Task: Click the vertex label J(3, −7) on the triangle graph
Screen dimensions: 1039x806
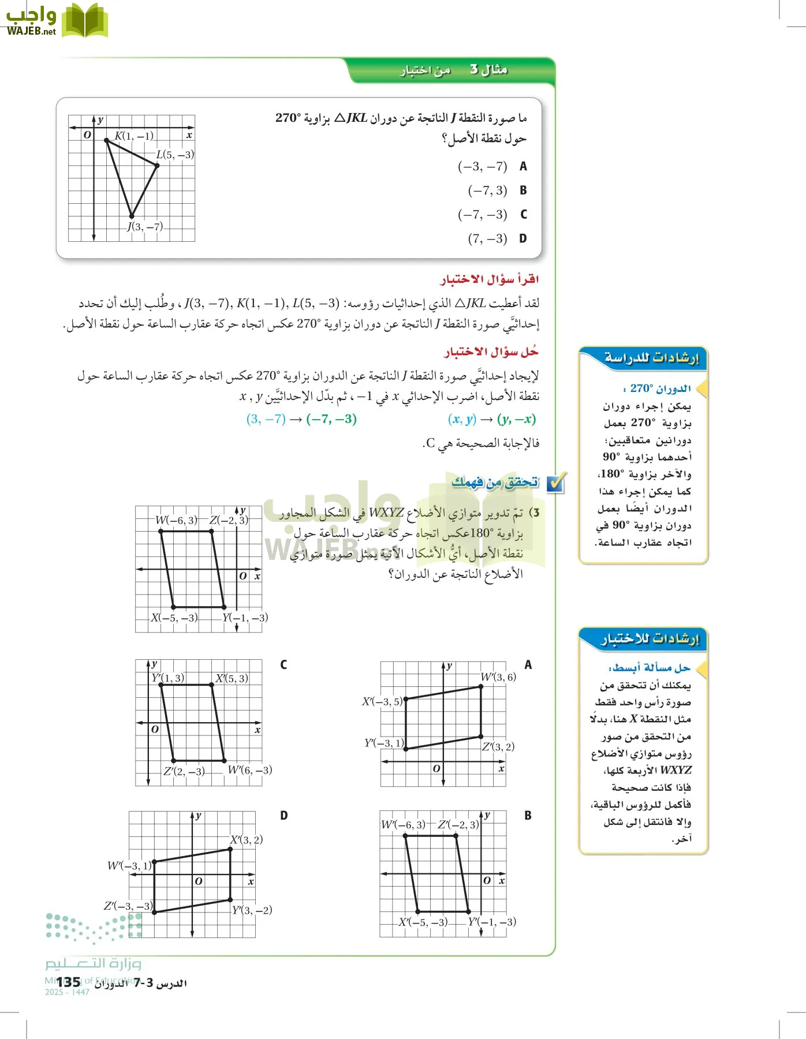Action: [x=145, y=227]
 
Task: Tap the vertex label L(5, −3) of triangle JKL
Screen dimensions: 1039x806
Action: [x=175, y=155]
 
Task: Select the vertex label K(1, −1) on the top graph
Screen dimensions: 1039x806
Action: [x=134, y=136]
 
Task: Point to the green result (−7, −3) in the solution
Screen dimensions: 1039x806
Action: [x=331, y=419]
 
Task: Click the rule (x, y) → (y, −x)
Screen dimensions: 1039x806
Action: [x=491, y=419]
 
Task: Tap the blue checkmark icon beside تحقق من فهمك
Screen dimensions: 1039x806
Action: [x=556, y=483]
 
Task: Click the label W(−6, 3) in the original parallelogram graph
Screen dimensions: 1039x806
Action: [x=176, y=520]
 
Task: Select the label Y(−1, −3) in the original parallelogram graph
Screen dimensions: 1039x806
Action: [x=245, y=618]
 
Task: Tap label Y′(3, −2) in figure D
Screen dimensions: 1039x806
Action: [x=252, y=910]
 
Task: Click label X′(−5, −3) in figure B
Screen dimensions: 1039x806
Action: [x=423, y=922]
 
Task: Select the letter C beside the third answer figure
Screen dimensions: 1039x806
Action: [x=283, y=665]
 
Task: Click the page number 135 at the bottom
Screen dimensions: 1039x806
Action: [x=69, y=982]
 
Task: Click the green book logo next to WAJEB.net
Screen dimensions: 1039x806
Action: [x=85, y=21]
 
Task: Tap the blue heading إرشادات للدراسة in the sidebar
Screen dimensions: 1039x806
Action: [x=651, y=358]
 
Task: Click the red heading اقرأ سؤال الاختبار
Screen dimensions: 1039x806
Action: [x=490, y=280]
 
